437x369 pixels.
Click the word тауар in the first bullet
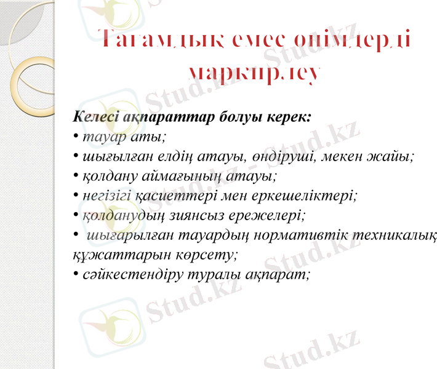point(98,137)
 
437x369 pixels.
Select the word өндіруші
point(283,156)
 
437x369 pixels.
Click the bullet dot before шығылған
point(76,157)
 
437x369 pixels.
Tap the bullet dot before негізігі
point(76,196)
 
